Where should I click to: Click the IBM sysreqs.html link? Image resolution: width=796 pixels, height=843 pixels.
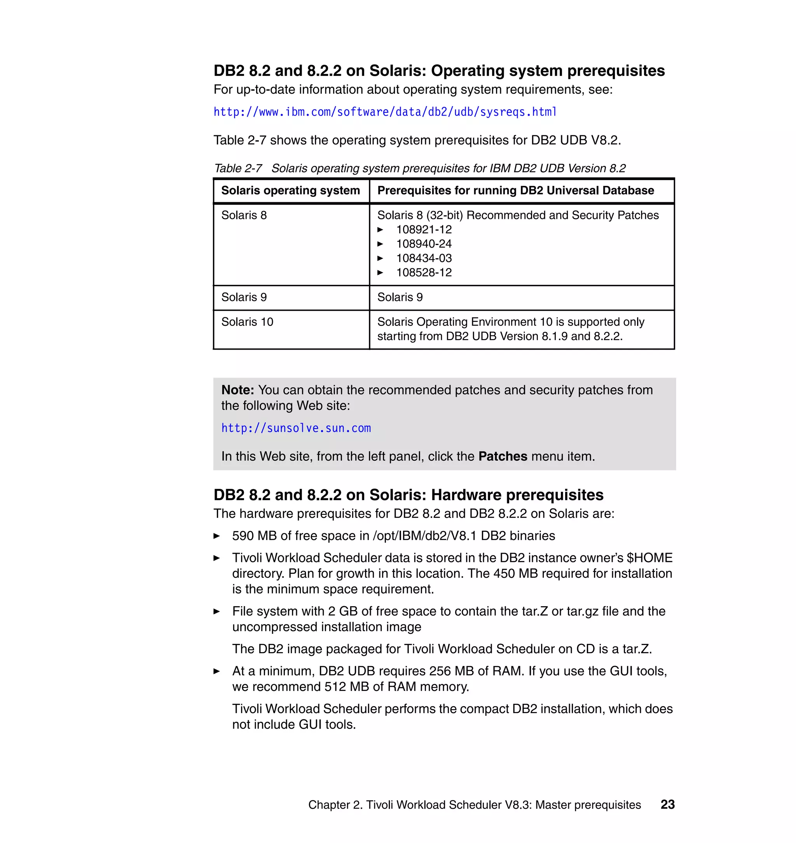tap(384, 112)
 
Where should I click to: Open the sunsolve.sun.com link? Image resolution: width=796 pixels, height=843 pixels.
tap(296, 428)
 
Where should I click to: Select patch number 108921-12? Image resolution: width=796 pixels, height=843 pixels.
tap(424, 230)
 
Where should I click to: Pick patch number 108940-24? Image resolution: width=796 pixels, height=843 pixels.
tap(424, 244)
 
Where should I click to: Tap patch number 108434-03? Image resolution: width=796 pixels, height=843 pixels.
tap(424, 258)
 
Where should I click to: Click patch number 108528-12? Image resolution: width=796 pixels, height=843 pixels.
tap(424, 273)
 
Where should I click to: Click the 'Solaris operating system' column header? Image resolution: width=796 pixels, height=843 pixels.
tap(290, 191)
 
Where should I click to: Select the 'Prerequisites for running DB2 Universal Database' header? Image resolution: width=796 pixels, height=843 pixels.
tap(515, 191)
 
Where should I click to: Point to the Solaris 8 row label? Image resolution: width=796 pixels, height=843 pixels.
tap(244, 215)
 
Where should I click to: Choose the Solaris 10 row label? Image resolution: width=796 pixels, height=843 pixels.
tap(247, 322)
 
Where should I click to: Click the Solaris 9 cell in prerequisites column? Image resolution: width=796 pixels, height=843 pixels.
tap(400, 297)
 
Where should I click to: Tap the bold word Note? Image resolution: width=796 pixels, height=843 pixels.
tap(237, 390)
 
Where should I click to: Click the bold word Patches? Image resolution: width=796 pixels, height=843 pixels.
tap(503, 456)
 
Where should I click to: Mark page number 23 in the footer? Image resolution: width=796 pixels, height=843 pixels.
tap(667, 805)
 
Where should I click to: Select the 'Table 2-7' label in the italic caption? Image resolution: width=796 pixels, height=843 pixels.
tap(237, 168)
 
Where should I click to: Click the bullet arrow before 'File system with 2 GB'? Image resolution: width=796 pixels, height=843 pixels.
tap(217, 611)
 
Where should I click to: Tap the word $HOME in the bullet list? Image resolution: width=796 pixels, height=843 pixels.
tap(649, 558)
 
